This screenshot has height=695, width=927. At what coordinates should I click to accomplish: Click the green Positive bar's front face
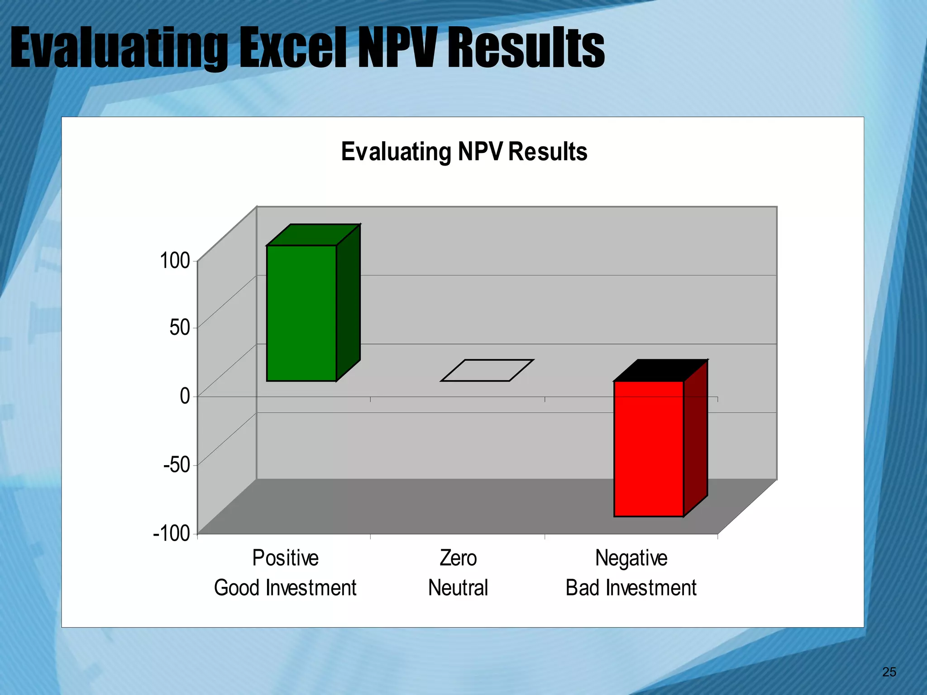coord(301,313)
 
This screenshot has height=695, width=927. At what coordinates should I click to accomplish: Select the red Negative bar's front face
coord(648,449)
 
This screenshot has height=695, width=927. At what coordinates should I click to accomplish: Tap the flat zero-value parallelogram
coord(487,371)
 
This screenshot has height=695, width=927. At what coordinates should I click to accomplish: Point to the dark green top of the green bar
coord(314,235)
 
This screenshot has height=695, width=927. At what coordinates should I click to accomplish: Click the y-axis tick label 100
coord(175,261)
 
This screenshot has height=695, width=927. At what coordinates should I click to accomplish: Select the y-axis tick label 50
coord(180,327)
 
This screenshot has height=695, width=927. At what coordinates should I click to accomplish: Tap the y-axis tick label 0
coord(185,396)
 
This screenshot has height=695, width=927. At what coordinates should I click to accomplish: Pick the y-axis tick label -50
coord(177,464)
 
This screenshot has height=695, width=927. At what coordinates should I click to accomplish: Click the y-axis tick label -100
coord(172,533)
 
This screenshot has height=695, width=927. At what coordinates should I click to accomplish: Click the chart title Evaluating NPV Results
coord(464,152)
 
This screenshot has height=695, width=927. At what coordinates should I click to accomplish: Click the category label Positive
coord(285,558)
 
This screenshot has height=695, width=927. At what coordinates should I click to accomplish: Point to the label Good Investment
coord(285,588)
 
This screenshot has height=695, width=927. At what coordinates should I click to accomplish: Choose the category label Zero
coord(458,558)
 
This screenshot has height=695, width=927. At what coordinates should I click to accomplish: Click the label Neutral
coord(458,588)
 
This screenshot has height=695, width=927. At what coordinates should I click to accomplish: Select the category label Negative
coord(631,558)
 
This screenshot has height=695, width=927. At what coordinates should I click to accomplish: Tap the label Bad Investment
coord(631,588)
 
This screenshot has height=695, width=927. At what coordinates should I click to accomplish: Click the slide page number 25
coord(889,672)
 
